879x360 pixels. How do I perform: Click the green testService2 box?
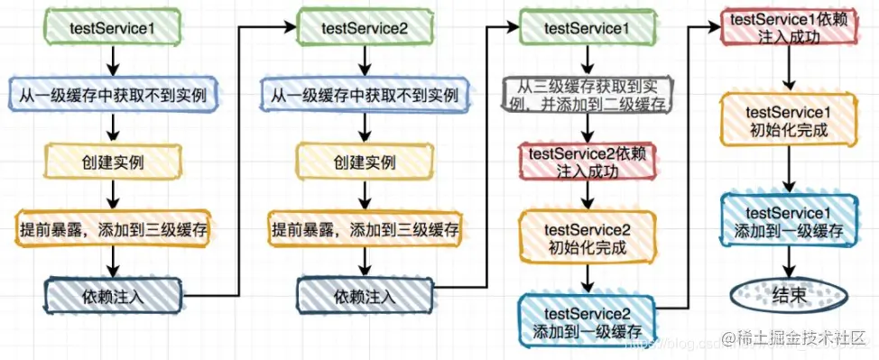click(365, 27)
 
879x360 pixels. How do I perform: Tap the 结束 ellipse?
click(791, 296)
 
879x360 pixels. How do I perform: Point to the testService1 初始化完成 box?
click(791, 122)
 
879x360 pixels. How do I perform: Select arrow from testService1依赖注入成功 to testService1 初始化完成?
click(791, 69)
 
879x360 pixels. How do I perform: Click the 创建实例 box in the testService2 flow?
click(365, 162)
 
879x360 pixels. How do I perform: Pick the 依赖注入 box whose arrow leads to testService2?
click(113, 296)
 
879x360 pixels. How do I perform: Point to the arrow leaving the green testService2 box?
click(365, 60)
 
